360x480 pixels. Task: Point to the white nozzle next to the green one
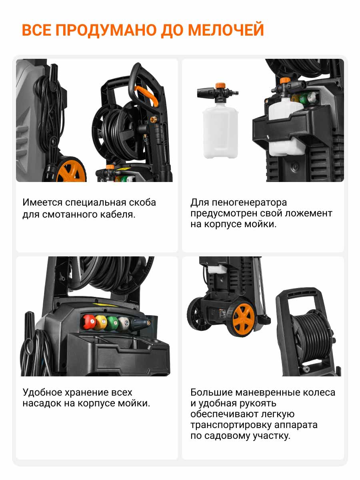coord(124,323)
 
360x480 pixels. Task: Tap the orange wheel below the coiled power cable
coord(71,171)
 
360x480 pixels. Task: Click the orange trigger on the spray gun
coord(146,95)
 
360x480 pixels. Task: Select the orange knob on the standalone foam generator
coord(220,86)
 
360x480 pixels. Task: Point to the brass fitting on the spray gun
coord(153,120)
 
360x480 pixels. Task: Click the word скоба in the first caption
coord(142,202)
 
